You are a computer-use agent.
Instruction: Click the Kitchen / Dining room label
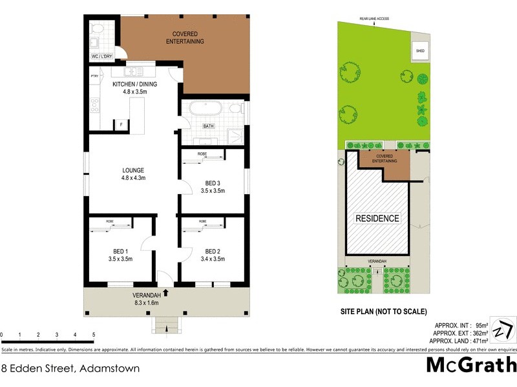131,88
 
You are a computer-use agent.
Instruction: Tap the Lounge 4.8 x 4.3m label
132,174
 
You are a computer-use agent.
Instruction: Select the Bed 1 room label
121,255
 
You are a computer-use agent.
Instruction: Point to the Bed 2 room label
213,255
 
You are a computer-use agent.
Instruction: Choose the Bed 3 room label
213,186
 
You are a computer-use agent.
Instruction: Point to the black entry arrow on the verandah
166,293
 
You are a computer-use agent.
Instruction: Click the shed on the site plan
419,50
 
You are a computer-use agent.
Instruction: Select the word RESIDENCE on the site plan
377,218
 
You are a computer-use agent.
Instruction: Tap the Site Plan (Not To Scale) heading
384,312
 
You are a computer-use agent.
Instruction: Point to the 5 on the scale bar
94,335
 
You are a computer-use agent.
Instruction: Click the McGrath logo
471,366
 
